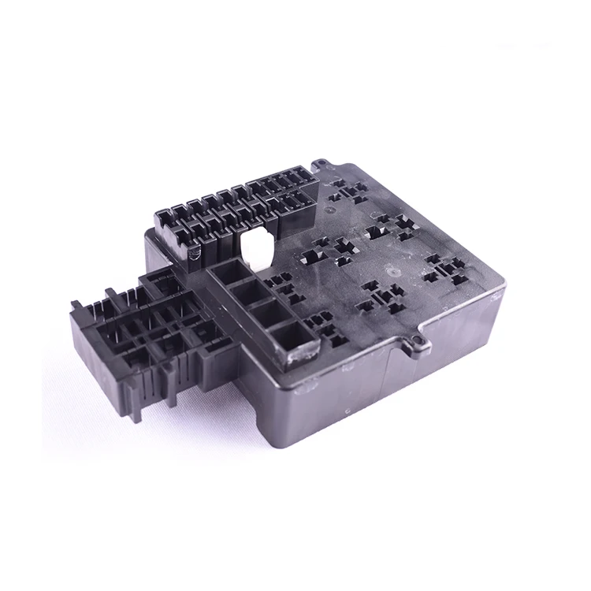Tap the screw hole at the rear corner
(322, 165)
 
